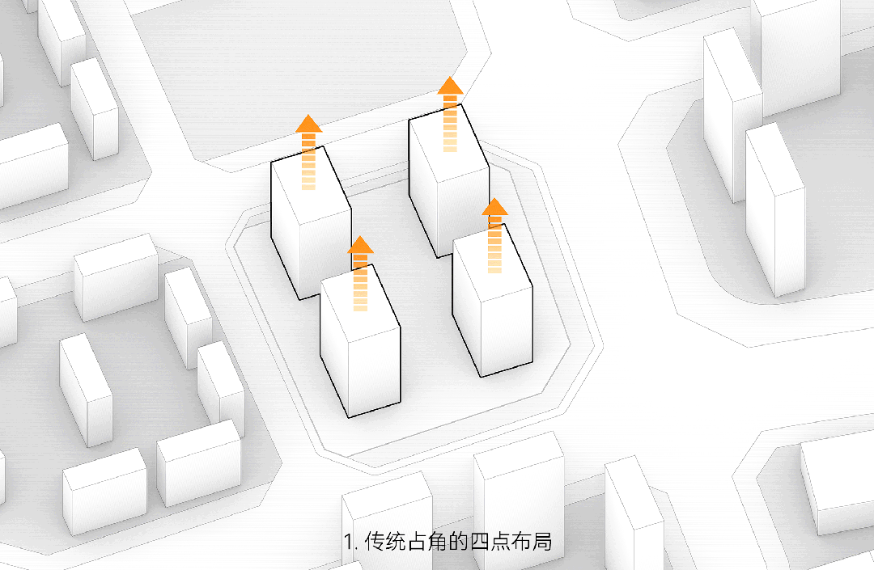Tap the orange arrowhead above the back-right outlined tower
450,86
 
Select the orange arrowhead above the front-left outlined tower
360,245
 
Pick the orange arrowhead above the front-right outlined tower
494,207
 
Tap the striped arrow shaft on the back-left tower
308,162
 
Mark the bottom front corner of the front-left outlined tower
349,417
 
